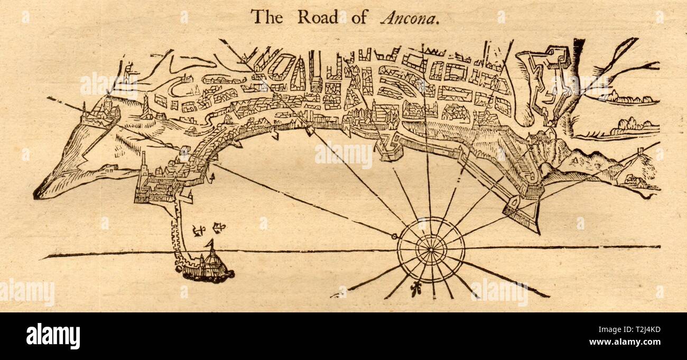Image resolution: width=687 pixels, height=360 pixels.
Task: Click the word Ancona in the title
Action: [x=410, y=17]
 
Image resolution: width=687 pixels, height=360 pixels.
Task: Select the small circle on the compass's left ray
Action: [x=395, y=236]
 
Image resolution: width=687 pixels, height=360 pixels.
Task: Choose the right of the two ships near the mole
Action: [x=216, y=228]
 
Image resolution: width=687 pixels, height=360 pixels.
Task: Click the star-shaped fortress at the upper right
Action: [x=550, y=79]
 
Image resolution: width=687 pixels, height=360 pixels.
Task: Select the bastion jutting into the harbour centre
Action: [x=388, y=149]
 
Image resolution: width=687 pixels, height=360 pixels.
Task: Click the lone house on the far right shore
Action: [x=637, y=169]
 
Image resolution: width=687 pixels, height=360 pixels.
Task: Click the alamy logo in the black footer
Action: [x=53, y=336]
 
